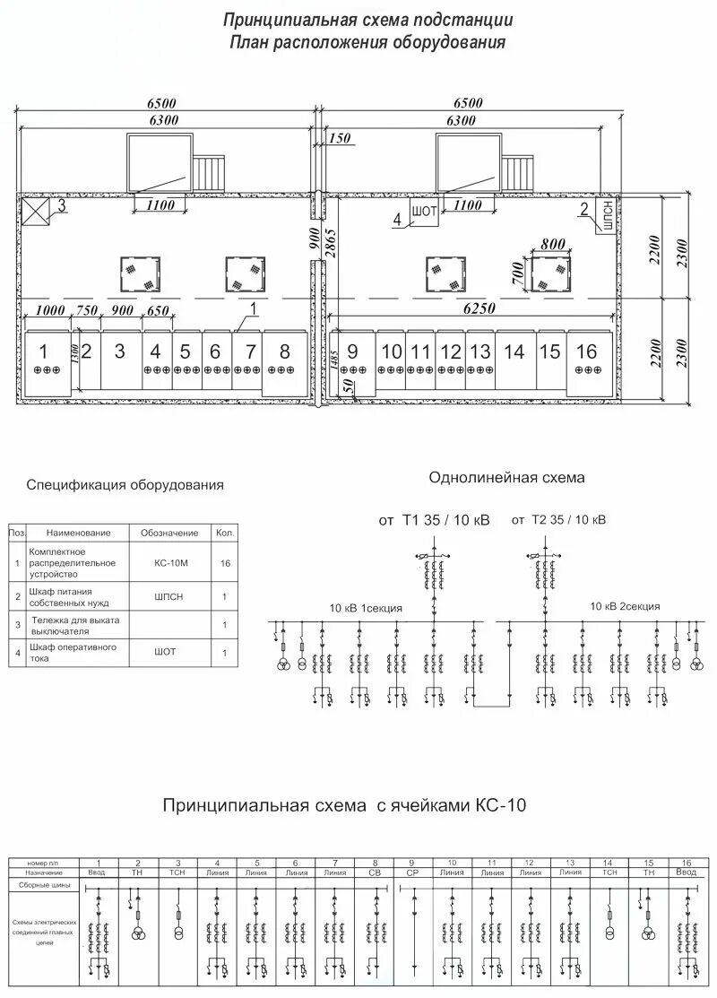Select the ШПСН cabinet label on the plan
coord(608,221)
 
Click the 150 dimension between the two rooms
coord(340,138)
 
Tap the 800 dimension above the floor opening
coord(554,243)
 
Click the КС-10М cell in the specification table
coord(169,563)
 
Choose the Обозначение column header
coord(169,533)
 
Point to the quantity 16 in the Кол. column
coord(224,563)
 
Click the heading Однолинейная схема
coord(506,478)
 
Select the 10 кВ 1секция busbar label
coord(366,608)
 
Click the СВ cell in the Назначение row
coord(374,872)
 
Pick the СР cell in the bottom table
coord(412,872)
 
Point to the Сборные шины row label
coord(44,884)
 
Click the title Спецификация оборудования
coord(125,485)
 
